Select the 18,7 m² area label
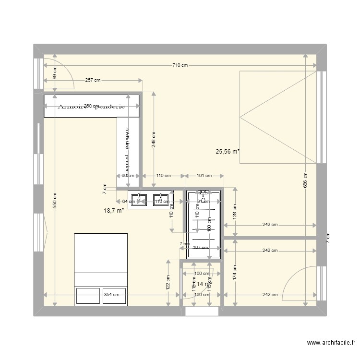114,210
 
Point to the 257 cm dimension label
93,80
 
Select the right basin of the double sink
161,199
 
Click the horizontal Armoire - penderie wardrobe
91,106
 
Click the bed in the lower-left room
101,269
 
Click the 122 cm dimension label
168,282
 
